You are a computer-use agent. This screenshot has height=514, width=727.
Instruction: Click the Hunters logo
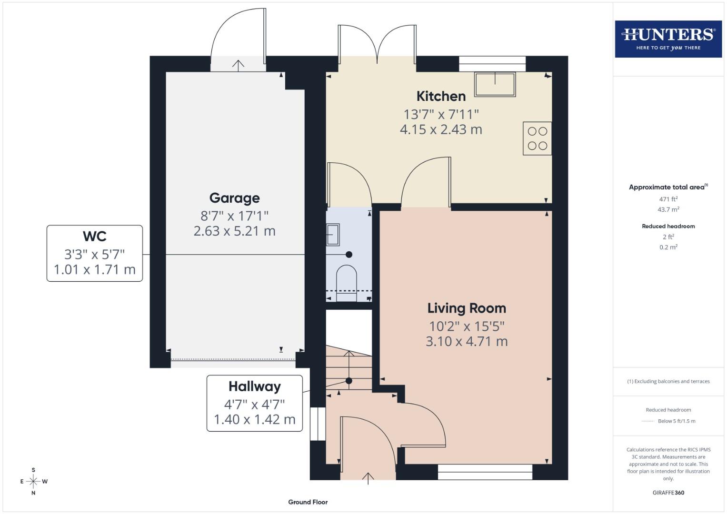coord(668,39)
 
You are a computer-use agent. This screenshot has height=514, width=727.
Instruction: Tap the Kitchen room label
coord(441,96)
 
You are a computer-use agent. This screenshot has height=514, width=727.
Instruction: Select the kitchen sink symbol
coord(495,84)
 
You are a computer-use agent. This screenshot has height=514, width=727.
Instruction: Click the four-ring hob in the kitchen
coord(537,138)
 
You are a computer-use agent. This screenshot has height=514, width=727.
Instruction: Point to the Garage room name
coord(234,198)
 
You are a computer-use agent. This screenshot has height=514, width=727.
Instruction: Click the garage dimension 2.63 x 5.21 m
coord(234,231)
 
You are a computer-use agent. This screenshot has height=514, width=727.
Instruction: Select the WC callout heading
coord(94,236)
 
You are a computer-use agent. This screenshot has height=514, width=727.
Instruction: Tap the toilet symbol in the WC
coord(347,283)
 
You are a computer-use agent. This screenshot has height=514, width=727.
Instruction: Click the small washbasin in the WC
coord(333,235)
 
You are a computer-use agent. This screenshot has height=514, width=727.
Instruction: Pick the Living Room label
coord(467,308)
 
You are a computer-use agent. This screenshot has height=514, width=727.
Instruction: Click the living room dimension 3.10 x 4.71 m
coord(467,341)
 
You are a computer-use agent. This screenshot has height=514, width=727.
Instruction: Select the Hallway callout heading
coord(254,386)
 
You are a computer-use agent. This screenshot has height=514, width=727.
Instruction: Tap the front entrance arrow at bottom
coord(368,477)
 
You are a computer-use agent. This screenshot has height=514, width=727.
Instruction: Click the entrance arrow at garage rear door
coord(238,65)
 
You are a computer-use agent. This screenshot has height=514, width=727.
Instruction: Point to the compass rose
coord(33,481)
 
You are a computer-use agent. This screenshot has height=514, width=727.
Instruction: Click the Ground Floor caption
coord(308,502)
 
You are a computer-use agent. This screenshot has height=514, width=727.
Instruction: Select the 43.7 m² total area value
coord(668,209)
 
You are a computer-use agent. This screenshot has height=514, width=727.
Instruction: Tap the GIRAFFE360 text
coord(668,493)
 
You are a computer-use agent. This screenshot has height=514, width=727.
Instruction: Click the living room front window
coord(485,472)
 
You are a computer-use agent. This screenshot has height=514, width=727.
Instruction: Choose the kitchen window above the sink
coord(492,64)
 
